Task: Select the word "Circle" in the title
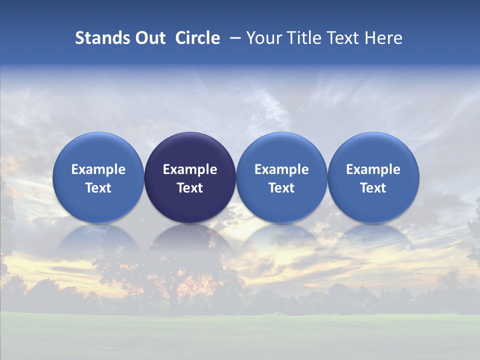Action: [x=197, y=38]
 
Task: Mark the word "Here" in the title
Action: [x=383, y=38]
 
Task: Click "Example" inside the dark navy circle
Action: [x=190, y=169]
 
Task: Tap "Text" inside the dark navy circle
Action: [x=190, y=188]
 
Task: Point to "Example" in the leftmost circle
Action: [x=98, y=169]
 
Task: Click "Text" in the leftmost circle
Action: [x=98, y=188]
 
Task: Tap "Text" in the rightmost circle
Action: [x=373, y=188]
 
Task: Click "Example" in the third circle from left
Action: [x=281, y=169]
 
